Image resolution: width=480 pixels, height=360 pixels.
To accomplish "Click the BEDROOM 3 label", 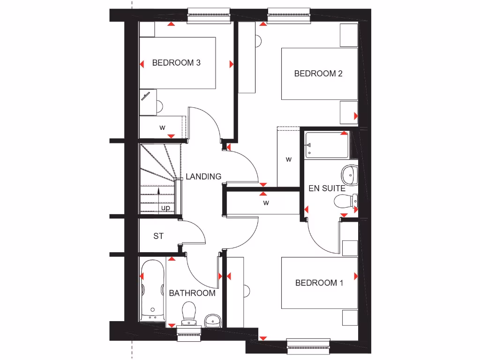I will tap(176, 63).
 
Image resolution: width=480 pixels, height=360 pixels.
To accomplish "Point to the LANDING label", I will tap(203, 177).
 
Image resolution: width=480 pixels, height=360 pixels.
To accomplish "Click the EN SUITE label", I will tap(327, 188).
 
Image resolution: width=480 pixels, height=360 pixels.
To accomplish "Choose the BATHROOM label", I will tap(192, 293).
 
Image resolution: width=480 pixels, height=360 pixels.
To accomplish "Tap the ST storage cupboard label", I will tap(158, 236).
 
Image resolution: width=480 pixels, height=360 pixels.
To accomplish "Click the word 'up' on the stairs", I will tap(165, 208).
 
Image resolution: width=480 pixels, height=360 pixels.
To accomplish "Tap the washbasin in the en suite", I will tap(349, 175).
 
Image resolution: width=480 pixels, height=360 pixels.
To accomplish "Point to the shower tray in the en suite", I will tap(327, 145).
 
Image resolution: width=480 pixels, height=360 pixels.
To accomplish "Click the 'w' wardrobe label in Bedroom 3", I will tap(163, 127).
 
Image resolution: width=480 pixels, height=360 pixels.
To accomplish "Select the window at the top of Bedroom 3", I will tap(209, 15).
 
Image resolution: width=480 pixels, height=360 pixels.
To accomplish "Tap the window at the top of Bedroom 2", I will tap(289, 15).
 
